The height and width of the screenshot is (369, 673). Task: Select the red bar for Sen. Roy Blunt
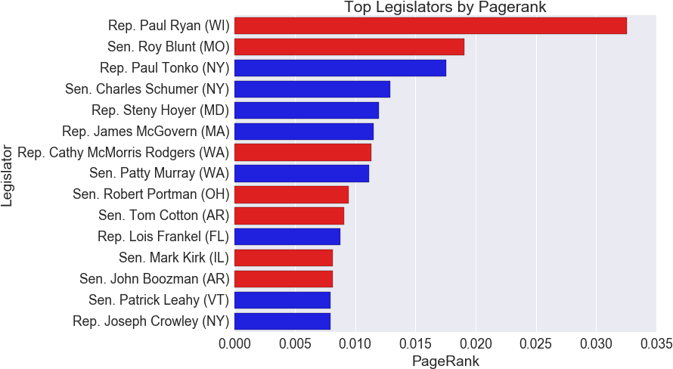[x=349, y=47]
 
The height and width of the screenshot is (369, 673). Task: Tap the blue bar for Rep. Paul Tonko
[x=340, y=68]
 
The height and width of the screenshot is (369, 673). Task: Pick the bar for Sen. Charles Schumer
[x=312, y=89]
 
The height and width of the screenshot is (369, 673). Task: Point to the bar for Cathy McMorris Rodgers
[x=302, y=153]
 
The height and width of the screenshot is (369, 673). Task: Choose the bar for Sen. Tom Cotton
[x=289, y=216]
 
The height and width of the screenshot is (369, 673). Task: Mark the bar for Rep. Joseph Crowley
[x=282, y=321]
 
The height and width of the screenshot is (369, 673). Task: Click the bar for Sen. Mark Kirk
[x=283, y=258]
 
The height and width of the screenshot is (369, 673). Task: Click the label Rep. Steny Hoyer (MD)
[x=160, y=110]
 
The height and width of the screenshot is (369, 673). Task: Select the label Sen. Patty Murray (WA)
[x=159, y=173]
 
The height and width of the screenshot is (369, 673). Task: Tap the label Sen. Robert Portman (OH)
[x=150, y=194]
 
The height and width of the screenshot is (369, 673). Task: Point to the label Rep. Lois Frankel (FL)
[x=163, y=237]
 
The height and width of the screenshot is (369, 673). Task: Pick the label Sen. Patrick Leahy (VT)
[x=159, y=300]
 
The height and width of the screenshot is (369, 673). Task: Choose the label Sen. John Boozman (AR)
[x=154, y=279]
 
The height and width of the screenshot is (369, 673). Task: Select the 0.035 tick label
[x=655, y=345]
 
